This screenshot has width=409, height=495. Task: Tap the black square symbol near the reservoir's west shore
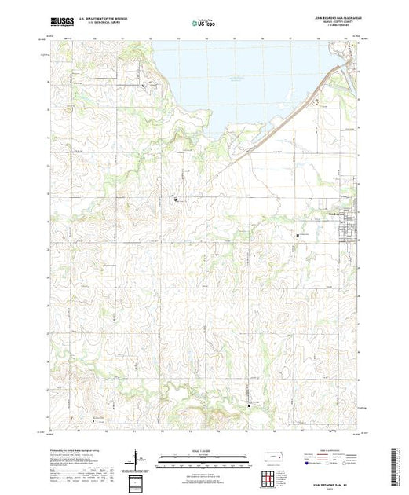click(x=143, y=85)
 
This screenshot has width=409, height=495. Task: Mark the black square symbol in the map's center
click(x=175, y=201)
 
